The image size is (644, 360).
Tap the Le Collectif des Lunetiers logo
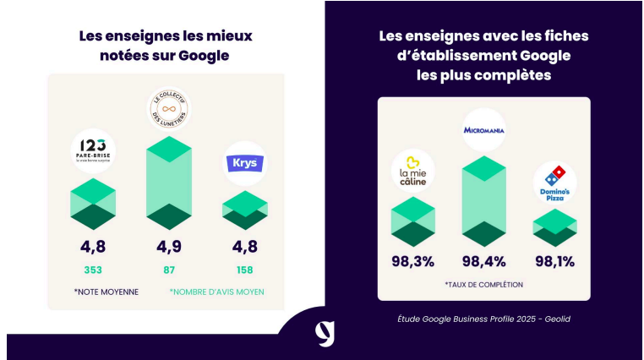(169, 108)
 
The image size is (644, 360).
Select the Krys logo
(244, 163)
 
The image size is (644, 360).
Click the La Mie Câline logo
(412, 172)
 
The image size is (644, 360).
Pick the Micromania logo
(483, 130)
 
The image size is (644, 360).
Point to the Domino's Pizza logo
(554, 183)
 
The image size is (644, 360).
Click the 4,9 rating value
(169, 248)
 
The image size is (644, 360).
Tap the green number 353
(93, 270)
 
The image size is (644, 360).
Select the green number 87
(169, 270)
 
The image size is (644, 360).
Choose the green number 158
(245, 270)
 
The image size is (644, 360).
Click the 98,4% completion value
(483, 260)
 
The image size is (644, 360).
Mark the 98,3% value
(412, 260)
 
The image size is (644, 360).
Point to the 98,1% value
(554, 260)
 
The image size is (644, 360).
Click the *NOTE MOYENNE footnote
(106, 292)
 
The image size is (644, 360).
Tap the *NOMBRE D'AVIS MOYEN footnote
(216, 292)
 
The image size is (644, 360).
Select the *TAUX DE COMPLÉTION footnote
(483, 284)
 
